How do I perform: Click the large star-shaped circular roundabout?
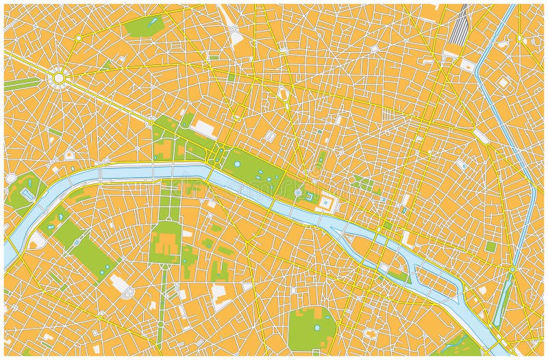click(x=59, y=79)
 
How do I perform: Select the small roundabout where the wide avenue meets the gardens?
click(x=149, y=123)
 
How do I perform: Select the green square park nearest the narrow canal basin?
click(x=490, y=247)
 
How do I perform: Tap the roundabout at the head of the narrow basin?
click(x=512, y=270)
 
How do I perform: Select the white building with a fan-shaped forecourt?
click(x=124, y=288)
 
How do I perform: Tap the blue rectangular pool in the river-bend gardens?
click(x=27, y=194)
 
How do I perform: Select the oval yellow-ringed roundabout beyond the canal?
click(x=519, y=37)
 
